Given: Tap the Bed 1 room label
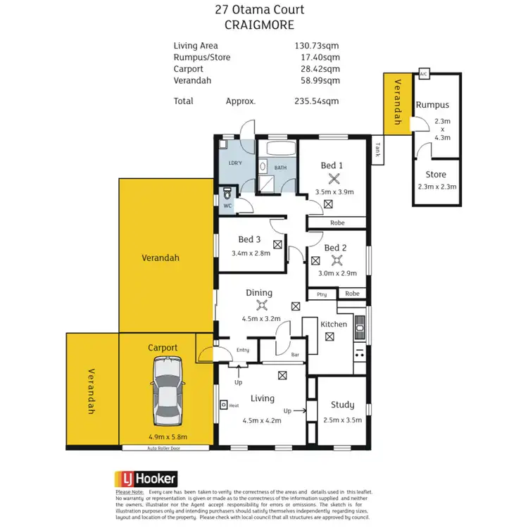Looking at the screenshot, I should pyautogui.click(x=332, y=165).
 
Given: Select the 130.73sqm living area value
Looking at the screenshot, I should pyautogui.click(x=316, y=46).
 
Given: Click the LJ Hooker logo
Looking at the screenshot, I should pyautogui.click(x=146, y=478).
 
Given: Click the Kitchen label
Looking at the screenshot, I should pyautogui.click(x=334, y=324).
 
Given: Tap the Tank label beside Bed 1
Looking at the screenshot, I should pyautogui.click(x=378, y=149).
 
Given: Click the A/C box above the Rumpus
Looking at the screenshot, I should pyautogui.click(x=423, y=74).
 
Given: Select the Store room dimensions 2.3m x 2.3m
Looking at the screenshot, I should pyautogui.click(x=436, y=187).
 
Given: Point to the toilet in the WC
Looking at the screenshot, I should pyautogui.click(x=227, y=193).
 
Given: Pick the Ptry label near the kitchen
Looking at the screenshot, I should pyautogui.click(x=322, y=294).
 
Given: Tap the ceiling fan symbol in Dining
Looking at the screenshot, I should pyautogui.click(x=263, y=305).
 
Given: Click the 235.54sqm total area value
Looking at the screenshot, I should pyautogui.click(x=316, y=101).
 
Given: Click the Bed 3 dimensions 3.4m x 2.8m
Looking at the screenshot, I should pyautogui.click(x=251, y=253).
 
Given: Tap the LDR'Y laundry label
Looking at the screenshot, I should pyautogui.click(x=236, y=163).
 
